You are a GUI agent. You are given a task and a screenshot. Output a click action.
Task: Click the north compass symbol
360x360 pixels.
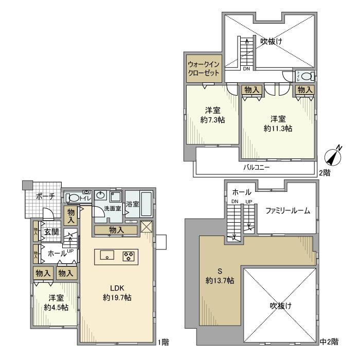(335, 153)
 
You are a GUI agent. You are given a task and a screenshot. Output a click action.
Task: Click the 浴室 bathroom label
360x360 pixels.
(133, 204)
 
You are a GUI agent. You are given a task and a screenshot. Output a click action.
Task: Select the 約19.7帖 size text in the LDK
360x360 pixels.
(116, 297)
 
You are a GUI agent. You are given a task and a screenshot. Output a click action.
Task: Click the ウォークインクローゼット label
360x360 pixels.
(204, 69)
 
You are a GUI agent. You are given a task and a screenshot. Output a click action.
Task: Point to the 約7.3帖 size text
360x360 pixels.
(212, 119)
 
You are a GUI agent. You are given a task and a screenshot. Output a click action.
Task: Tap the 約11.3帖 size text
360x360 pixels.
(278, 129)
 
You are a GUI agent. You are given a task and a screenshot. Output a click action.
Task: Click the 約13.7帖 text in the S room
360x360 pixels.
(220, 280)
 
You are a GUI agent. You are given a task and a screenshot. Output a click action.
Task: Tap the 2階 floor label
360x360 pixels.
(325, 173)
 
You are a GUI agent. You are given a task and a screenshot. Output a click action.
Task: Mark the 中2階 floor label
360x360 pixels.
(330, 341)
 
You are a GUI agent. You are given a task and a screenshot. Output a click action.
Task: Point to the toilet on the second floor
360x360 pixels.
(305, 77)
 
